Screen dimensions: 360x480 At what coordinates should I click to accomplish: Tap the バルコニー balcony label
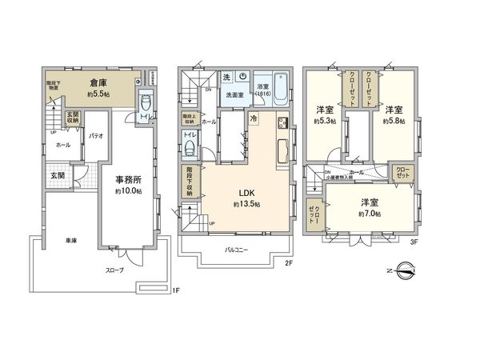point(236,250)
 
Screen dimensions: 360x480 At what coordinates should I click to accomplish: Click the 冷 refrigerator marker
point(253,118)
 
